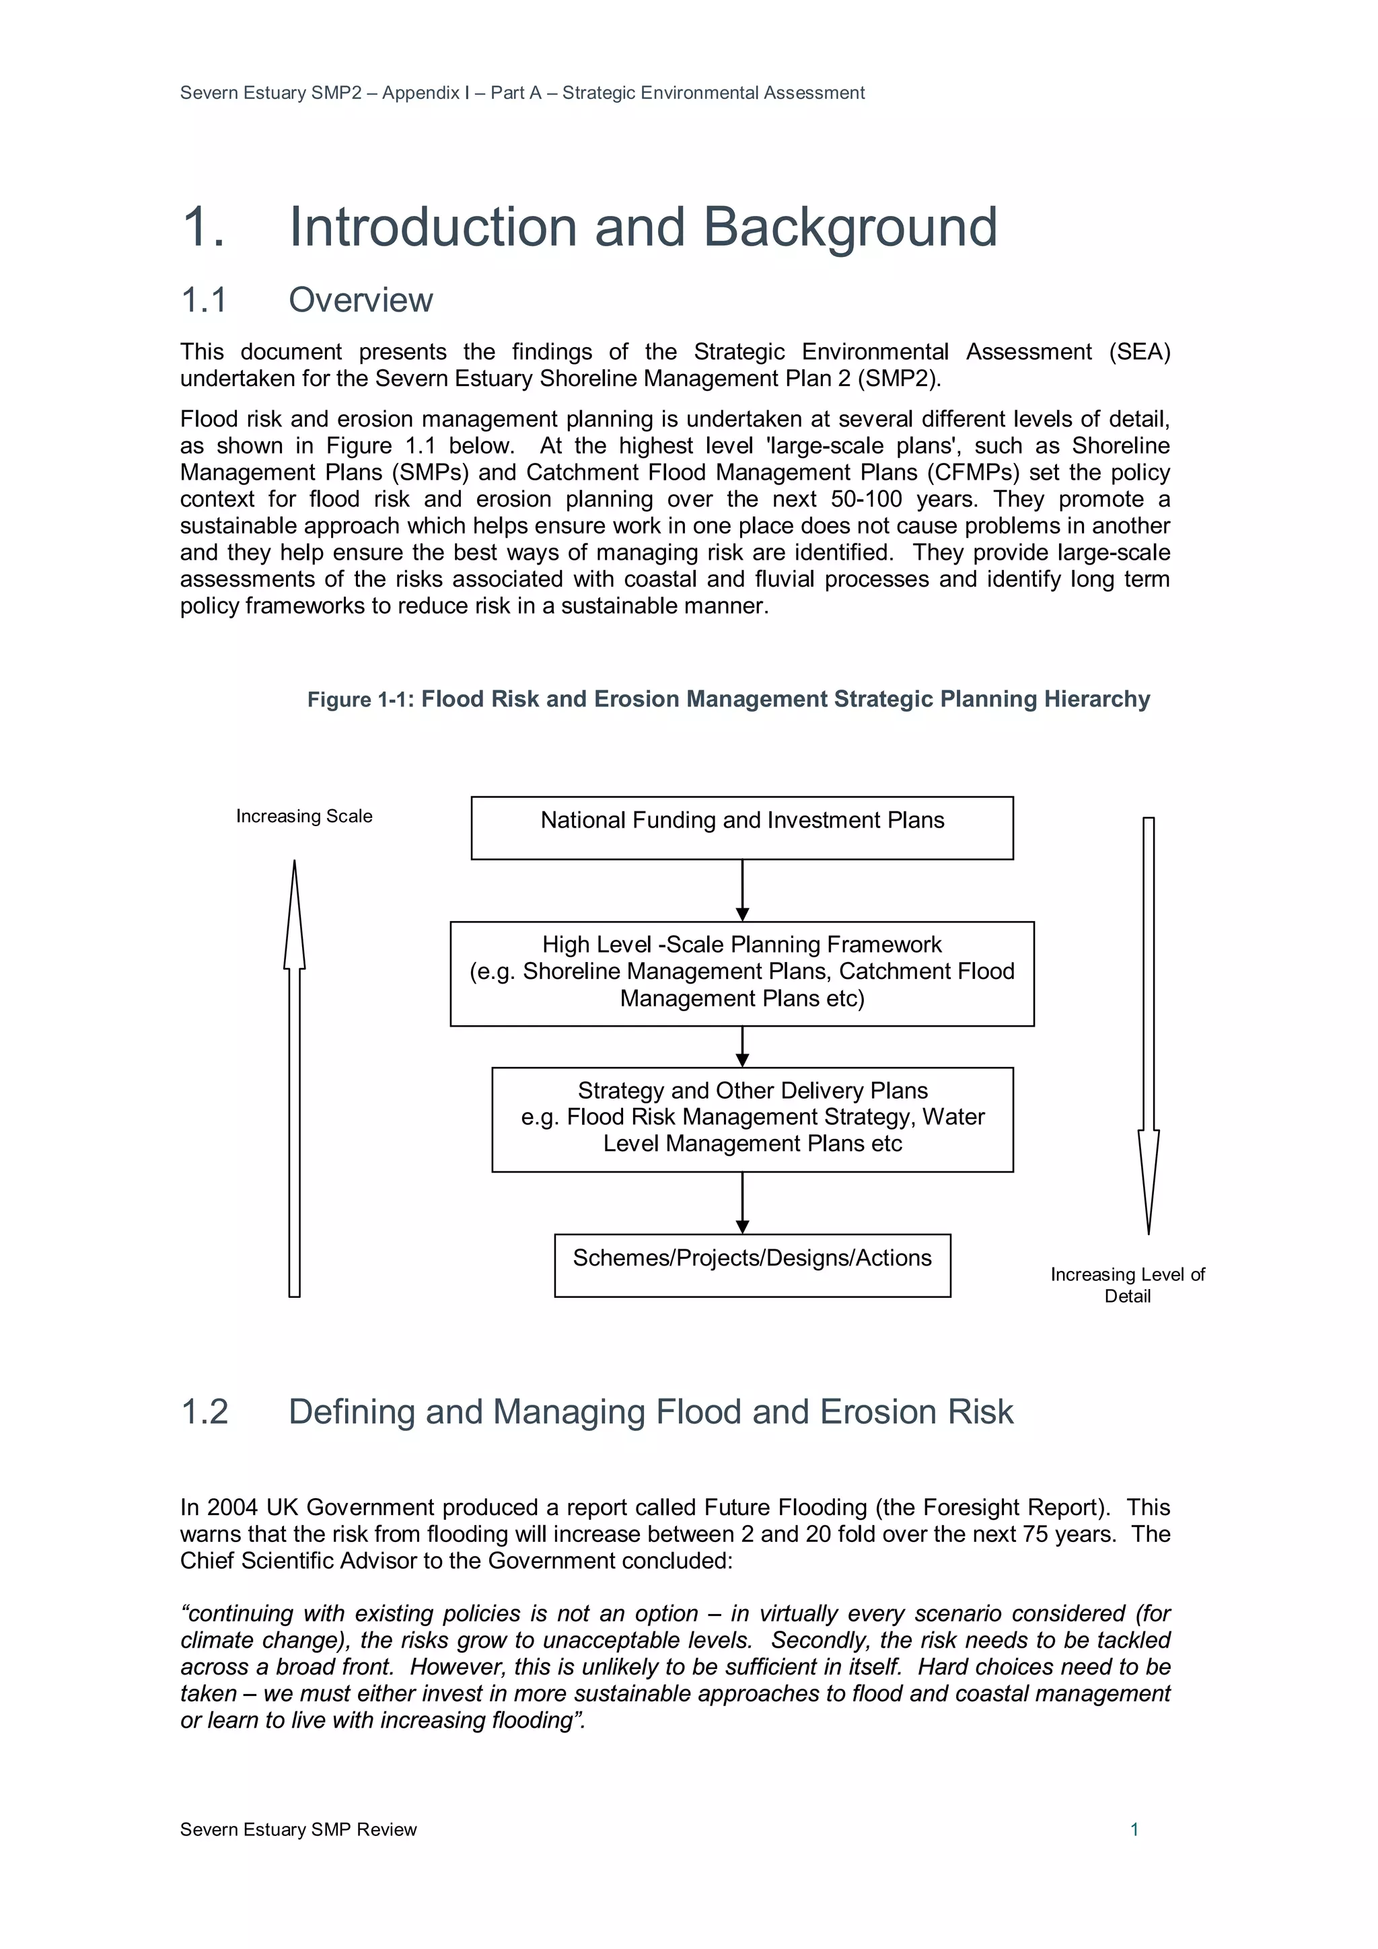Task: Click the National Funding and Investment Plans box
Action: click(x=741, y=827)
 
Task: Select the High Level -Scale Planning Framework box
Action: click(x=741, y=973)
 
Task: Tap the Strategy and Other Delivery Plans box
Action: click(x=752, y=1119)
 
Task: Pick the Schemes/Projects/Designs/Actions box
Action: click(x=752, y=1264)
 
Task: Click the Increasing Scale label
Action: click(x=304, y=816)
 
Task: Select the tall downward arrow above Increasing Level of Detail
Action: click(x=1148, y=1019)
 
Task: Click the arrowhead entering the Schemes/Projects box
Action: click(x=742, y=1226)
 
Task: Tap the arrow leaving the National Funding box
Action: click(x=742, y=889)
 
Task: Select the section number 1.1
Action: click(x=204, y=301)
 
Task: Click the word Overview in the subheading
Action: click(x=360, y=301)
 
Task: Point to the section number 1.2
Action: click(x=205, y=1411)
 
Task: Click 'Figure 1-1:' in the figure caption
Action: click(x=360, y=700)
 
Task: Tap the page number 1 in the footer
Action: click(x=1134, y=1829)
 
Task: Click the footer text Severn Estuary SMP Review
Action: click(x=298, y=1829)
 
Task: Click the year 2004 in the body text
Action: click(x=231, y=1508)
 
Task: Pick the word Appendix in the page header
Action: click(x=421, y=94)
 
